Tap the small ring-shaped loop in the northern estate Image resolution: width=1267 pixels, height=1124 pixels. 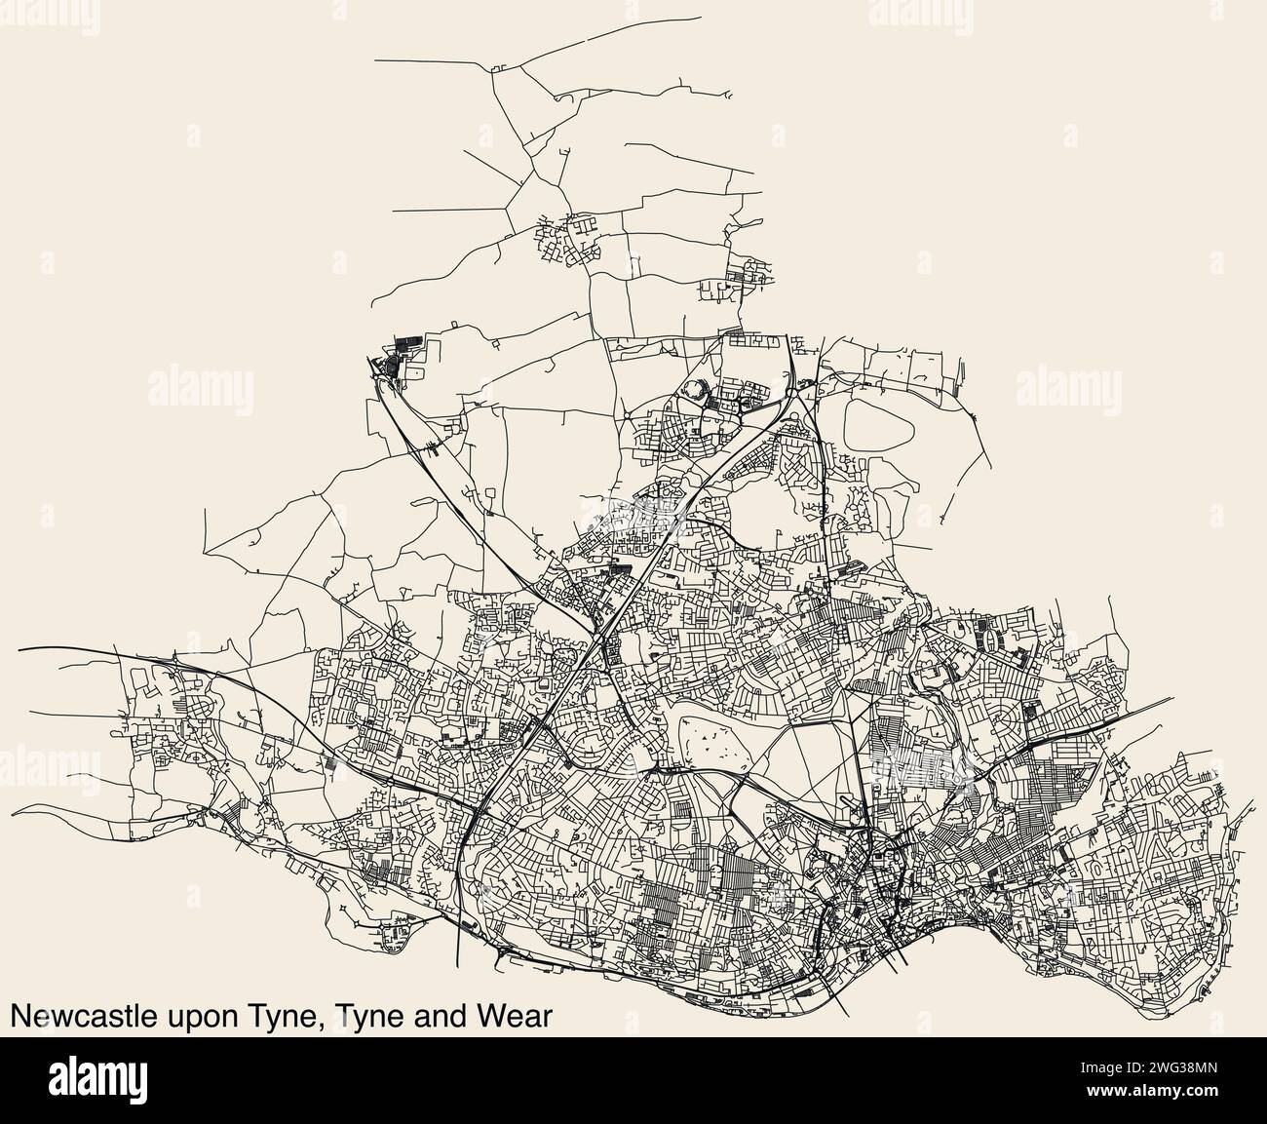696,391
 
